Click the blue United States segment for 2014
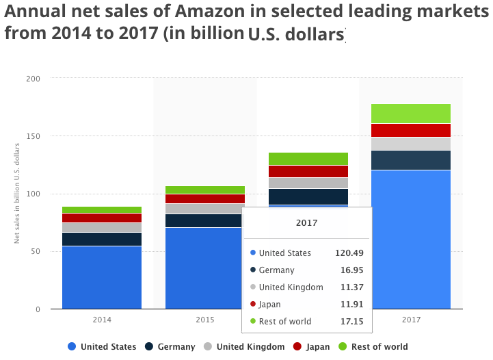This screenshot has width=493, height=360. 102,278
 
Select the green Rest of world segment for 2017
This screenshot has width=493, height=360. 411,114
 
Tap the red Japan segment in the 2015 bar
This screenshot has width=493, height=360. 205,199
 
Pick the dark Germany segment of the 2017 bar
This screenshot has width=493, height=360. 411,160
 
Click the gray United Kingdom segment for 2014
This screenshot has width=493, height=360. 102,227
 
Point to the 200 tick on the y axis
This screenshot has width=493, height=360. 34,79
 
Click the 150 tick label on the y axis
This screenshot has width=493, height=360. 34,136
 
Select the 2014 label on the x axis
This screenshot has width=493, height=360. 102,320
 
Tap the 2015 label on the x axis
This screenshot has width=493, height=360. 205,320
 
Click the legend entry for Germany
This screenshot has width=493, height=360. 170,347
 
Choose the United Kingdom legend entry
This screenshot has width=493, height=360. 244,347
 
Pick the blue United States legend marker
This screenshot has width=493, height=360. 72,346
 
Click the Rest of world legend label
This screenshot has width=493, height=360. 379,347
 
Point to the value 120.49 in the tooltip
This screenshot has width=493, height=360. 349,253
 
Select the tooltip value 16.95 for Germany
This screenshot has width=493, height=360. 352,270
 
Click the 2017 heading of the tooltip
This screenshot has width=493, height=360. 307,223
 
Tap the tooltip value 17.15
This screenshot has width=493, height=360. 352,321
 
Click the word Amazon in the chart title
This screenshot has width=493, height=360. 210,12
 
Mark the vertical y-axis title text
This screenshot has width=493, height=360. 16,193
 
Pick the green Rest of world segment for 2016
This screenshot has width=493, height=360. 308,159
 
